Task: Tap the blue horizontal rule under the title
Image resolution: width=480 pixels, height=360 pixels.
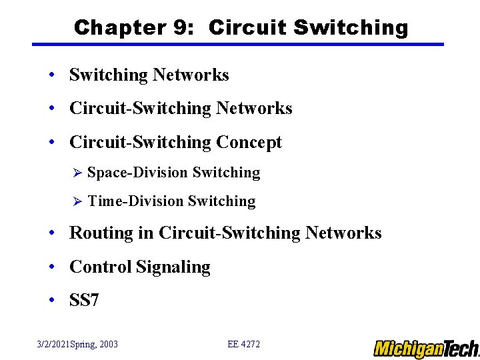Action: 238,45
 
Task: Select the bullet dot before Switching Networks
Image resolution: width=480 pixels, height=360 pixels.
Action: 52,75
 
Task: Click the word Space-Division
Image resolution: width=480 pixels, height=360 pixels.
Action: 137,173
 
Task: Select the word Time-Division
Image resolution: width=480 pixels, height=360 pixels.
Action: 135,201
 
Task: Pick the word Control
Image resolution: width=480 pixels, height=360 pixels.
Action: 100,267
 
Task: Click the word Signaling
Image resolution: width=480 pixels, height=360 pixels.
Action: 173,267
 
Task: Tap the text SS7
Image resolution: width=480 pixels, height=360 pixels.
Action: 84,301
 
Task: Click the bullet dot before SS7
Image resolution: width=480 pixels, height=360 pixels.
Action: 52,301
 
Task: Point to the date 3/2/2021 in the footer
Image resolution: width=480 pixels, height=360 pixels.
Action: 56,345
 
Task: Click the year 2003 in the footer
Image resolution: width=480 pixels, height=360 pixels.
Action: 107,345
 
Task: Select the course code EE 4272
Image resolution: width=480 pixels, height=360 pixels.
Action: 243,345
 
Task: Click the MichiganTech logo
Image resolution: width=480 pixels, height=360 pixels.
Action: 426,348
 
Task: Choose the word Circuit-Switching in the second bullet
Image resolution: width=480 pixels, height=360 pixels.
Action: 140,109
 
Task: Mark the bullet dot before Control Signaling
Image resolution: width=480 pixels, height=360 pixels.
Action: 52,267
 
